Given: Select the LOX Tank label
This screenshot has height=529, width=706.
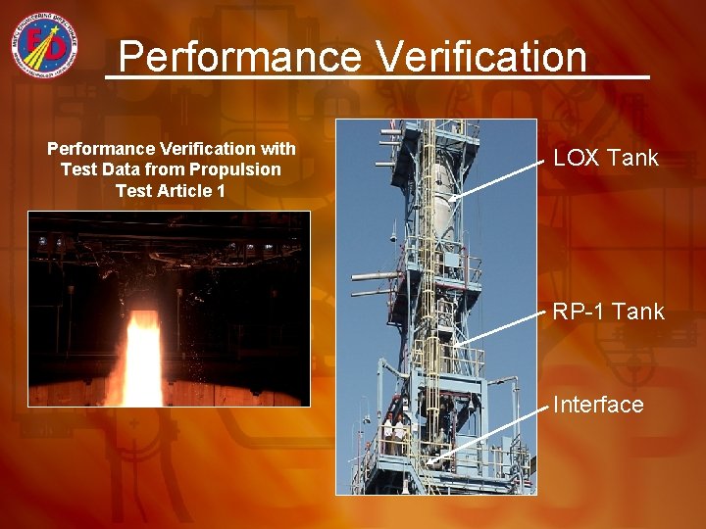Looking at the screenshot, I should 605,158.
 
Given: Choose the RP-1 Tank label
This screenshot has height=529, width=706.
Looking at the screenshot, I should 608,312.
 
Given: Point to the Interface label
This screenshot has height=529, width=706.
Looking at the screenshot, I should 598,405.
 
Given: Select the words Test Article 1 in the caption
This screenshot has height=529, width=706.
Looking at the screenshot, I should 171,191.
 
